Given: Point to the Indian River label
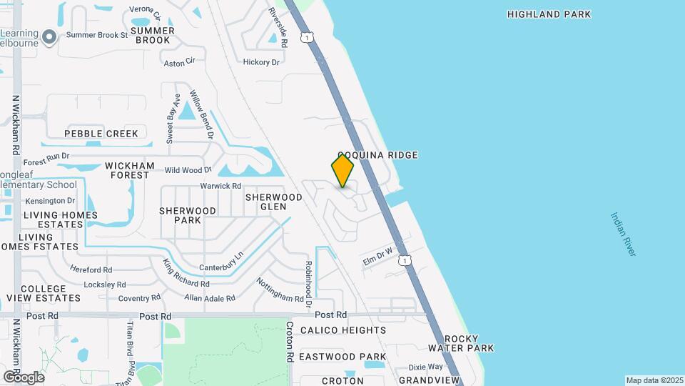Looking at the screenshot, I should point(623,234).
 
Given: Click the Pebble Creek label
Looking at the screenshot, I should point(101,134).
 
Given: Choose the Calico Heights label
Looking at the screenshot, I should point(343,330).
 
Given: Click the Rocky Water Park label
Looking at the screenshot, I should point(461,343).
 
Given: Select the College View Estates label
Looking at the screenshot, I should point(44,292).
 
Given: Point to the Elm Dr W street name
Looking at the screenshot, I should point(378,255).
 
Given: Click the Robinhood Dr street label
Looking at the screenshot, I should point(308,284).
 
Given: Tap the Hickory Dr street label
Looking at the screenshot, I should point(261,62).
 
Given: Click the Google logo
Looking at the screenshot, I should point(24,377).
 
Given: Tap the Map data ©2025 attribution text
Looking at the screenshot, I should point(654,380).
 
